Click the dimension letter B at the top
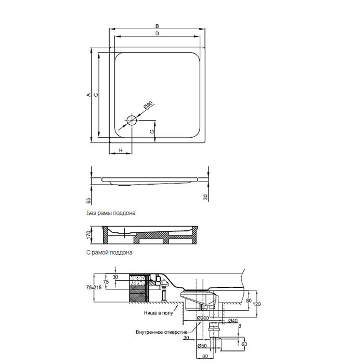pos(157,26)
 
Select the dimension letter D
pos(157,34)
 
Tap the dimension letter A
pos(88,95)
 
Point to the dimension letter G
pos(152,132)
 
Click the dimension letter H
pos(121,151)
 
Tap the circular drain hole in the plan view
pos(132,120)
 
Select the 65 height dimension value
pos(89,200)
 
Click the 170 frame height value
pos(88,236)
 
